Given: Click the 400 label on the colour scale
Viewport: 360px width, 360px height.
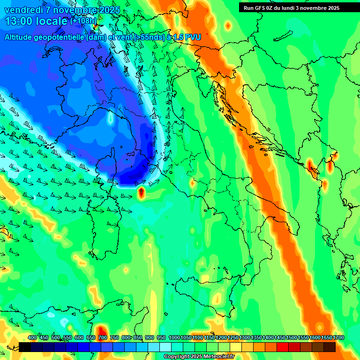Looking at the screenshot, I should click(x=32, y=338).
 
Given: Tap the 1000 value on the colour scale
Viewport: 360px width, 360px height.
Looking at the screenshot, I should click(x=174, y=338).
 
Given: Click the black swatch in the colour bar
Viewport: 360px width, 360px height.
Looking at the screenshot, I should click(x=25, y=347).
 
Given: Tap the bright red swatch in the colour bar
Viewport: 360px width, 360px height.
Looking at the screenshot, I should click(x=283, y=347).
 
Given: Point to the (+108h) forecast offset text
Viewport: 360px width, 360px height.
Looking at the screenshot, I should click(x=83, y=21).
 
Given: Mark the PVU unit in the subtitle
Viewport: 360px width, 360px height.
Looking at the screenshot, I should click(x=193, y=37).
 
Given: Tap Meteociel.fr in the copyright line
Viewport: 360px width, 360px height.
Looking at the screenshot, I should click(x=217, y=357).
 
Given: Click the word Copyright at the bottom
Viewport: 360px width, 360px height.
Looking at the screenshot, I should click(x=177, y=357).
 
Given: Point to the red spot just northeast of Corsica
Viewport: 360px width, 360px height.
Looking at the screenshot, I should click(x=141, y=192).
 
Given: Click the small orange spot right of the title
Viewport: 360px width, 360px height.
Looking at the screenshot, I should click(x=228, y=25).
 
